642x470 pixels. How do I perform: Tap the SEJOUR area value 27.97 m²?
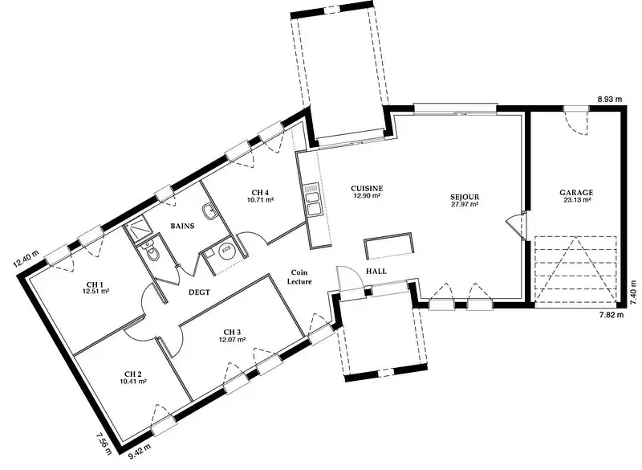(465, 203)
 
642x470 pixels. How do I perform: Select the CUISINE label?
(367, 189)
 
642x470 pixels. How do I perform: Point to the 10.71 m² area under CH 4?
(260, 200)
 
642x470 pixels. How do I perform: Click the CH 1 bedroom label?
(95, 284)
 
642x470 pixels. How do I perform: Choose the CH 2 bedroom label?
(133, 374)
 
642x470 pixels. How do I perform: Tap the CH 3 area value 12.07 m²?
(232, 339)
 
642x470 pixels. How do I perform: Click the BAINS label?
(182, 226)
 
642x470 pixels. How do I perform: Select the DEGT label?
(199, 292)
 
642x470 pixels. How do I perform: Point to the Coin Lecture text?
(299, 277)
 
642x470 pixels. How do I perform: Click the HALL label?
(376, 272)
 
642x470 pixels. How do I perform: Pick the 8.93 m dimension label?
(610, 99)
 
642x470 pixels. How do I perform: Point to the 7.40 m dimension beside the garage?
(634, 292)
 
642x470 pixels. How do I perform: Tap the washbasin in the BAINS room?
(209, 211)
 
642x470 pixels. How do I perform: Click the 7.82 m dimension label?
(612, 315)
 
